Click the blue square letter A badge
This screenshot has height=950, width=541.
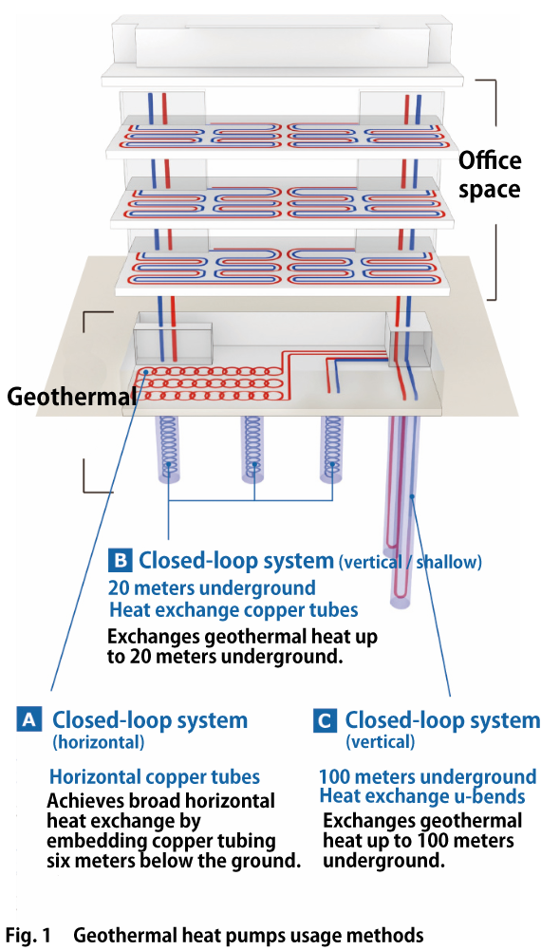(29, 720)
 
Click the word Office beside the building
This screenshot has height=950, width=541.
(488, 160)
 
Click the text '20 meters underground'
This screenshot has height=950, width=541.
(212, 587)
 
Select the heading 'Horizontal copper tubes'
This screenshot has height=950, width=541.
(155, 776)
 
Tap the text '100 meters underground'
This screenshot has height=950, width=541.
(427, 776)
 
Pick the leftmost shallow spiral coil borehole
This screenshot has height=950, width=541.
(168, 446)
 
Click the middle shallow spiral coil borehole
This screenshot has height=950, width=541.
(253, 446)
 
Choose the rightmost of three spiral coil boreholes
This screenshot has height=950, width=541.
(332, 446)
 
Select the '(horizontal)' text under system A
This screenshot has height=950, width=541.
(99, 742)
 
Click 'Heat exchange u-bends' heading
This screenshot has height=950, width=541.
(422, 796)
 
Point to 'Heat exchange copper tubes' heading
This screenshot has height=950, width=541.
(233, 609)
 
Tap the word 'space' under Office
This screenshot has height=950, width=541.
(488, 189)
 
